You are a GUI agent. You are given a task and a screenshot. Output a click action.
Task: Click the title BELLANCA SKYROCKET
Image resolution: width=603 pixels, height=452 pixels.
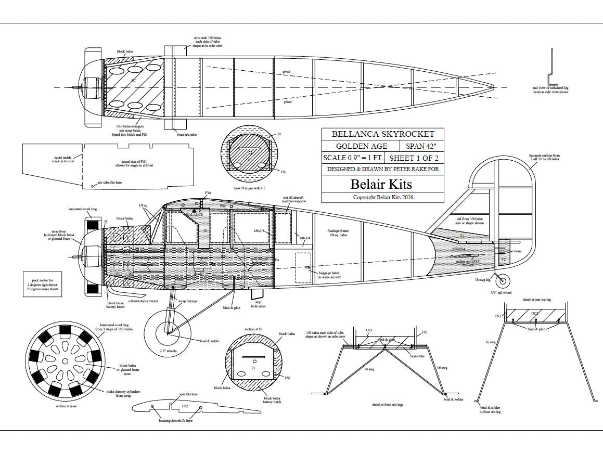tap(382, 134)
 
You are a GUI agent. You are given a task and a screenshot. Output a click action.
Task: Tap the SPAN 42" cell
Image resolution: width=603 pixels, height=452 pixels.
tap(422, 146)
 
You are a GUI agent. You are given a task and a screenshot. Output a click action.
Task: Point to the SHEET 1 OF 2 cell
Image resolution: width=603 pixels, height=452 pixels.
tap(414, 158)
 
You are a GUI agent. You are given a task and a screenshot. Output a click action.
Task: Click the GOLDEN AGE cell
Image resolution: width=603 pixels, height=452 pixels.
tap(361, 146)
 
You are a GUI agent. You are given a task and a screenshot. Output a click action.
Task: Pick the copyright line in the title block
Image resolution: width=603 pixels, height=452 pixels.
tap(382, 197)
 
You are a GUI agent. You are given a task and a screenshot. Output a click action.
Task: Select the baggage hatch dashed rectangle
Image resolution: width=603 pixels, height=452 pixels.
tap(303, 268)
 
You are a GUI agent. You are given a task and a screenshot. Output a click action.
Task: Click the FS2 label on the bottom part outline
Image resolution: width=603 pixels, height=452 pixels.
tap(185, 405)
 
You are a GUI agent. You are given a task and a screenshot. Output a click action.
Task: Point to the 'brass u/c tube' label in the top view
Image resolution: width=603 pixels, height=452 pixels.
tap(186, 135)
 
